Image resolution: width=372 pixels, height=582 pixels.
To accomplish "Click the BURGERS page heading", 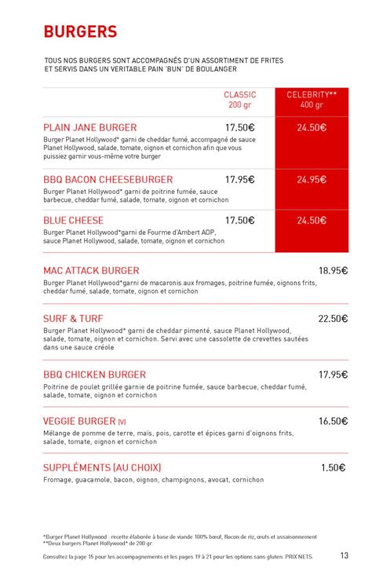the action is [80, 31].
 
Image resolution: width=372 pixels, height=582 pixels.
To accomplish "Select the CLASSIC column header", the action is [239, 94].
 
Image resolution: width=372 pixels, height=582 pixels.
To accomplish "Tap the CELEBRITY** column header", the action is [312, 94].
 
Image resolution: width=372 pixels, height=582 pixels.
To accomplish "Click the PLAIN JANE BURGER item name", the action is [90, 127].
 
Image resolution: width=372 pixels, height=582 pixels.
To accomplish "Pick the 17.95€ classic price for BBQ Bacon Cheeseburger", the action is [239, 180].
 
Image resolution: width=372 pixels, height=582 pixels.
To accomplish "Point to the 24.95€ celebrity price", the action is [312, 180].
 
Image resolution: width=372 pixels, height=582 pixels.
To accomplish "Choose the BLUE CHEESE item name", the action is [75, 221].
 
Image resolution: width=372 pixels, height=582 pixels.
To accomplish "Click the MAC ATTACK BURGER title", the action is [92, 270].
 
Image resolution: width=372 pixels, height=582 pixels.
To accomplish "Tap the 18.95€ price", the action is [333, 270].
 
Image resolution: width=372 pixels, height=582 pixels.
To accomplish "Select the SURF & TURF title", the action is [73, 319].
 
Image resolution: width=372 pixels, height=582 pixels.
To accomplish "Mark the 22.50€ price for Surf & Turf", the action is [333, 319].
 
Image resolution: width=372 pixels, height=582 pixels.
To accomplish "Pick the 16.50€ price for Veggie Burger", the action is [333, 422].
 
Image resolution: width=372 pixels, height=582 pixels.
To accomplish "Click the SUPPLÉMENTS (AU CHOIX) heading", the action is [102, 468].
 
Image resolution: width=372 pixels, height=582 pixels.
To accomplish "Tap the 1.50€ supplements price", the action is [333, 468].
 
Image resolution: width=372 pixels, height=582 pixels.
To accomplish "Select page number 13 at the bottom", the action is [345, 556].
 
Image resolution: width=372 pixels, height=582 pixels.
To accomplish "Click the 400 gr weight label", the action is [312, 105].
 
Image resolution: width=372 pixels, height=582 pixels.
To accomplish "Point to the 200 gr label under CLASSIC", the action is [239, 105].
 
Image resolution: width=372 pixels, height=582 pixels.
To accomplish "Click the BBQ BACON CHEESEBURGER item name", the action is [108, 180].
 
